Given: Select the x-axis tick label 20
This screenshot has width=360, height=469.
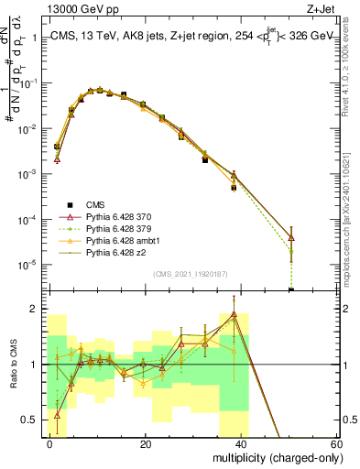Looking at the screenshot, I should (146, 444).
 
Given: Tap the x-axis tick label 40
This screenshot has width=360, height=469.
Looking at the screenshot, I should (241, 444).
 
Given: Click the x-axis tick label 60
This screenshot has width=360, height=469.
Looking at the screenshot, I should (335, 444).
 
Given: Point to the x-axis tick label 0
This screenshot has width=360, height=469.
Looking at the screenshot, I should (50, 444).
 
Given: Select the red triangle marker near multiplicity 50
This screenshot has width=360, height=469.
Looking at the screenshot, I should (291, 238).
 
